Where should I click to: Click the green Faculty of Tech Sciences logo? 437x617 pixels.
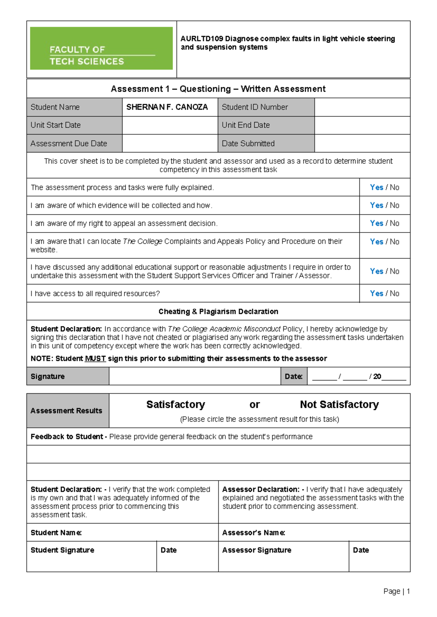(x=101, y=48)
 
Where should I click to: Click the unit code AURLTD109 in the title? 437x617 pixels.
(x=201, y=39)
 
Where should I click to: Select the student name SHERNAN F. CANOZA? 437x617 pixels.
(x=167, y=107)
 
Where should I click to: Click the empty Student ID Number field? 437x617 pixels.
(x=362, y=107)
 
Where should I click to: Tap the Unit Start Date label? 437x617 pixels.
(x=56, y=125)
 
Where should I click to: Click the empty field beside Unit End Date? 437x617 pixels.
(x=362, y=125)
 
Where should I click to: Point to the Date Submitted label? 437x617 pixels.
(x=248, y=144)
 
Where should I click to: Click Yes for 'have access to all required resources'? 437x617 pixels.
(x=377, y=294)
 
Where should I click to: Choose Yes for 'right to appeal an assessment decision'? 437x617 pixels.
(x=377, y=223)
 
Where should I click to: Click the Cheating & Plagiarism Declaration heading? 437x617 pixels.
(x=218, y=312)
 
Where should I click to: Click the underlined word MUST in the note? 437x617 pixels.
(x=95, y=359)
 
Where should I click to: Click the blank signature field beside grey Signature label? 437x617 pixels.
(x=194, y=377)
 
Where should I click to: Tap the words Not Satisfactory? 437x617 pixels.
(x=339, y=405)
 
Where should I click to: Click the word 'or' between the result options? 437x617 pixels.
(x=255, y=405)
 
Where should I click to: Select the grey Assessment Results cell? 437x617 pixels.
(x=67, y=411)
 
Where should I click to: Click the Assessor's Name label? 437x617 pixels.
(x=253, y=533)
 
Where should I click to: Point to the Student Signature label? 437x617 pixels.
(x=62, y=550)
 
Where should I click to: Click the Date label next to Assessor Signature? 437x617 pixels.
(x=361, y=550)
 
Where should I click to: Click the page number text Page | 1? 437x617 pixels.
(x=397, y=592)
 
